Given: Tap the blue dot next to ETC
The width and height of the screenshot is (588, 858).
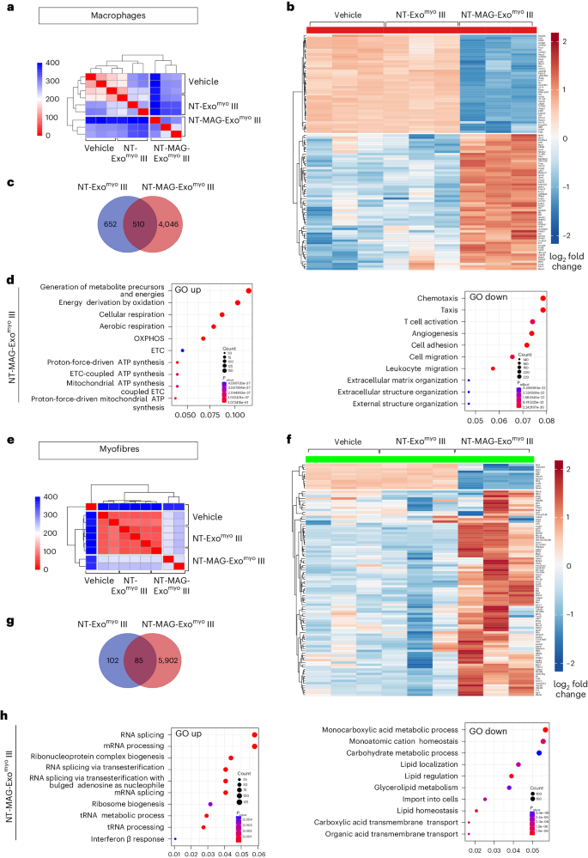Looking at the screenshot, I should tap(182, 350).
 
